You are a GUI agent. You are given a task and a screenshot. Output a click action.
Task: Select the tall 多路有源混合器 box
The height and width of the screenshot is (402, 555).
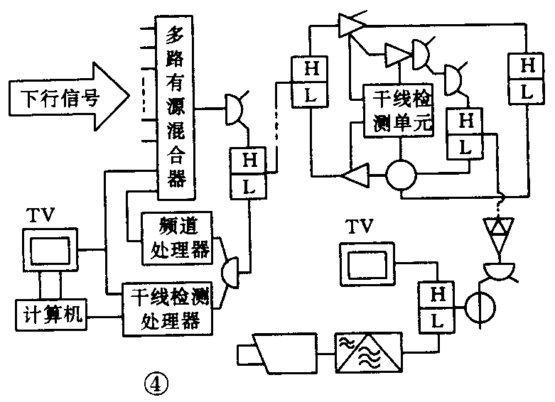pyautogui.click(x=175, y=106)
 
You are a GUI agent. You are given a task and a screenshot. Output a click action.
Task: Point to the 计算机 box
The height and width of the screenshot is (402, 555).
pyautogui.click(x=49, y=315)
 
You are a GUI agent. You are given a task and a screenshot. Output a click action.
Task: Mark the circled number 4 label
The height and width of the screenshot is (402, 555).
pyautogui.click(x=156, y=384)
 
